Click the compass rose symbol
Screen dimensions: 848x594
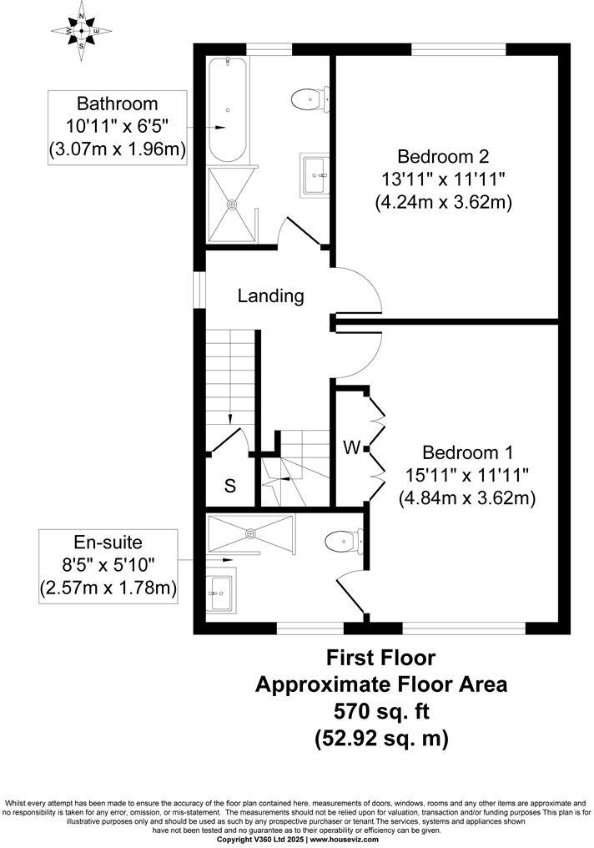pos(82,31)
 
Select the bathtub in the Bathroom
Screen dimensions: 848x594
pos(226,109)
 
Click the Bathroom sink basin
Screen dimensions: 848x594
pos(314,174)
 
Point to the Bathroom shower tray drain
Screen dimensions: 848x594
pos(233,204)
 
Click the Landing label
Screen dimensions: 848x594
pos(270,295)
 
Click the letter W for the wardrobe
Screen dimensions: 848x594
pos(351,448)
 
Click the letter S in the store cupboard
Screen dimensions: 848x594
pos(229,487)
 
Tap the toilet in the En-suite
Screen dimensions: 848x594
pos(345,543)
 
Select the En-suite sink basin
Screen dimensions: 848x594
pos(220,592)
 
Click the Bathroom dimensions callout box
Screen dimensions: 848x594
pos(117,127)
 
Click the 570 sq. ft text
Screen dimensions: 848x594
pos(380,712)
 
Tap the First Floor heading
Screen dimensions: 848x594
pos(380,659)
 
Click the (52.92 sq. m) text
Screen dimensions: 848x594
pos(380,739)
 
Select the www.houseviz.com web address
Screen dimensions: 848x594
pos(345,840)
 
